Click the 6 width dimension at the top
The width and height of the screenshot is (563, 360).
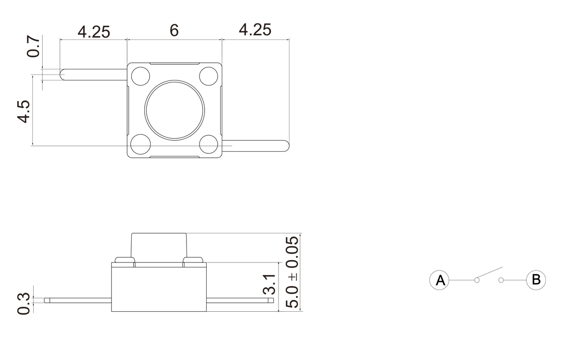(x=174, y=31)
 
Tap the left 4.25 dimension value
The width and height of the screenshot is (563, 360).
(x=93, y=32)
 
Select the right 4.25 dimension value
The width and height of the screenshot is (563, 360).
(x=255, y=30)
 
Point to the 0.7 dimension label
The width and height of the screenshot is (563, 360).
(x=33, y=46)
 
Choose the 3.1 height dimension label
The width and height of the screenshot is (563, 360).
(x=269, y=285)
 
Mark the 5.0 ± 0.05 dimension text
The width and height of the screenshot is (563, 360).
(x=292, y=272)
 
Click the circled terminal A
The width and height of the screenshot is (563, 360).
(x=439, y=280)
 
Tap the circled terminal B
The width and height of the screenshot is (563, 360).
(x=536, y=280)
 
